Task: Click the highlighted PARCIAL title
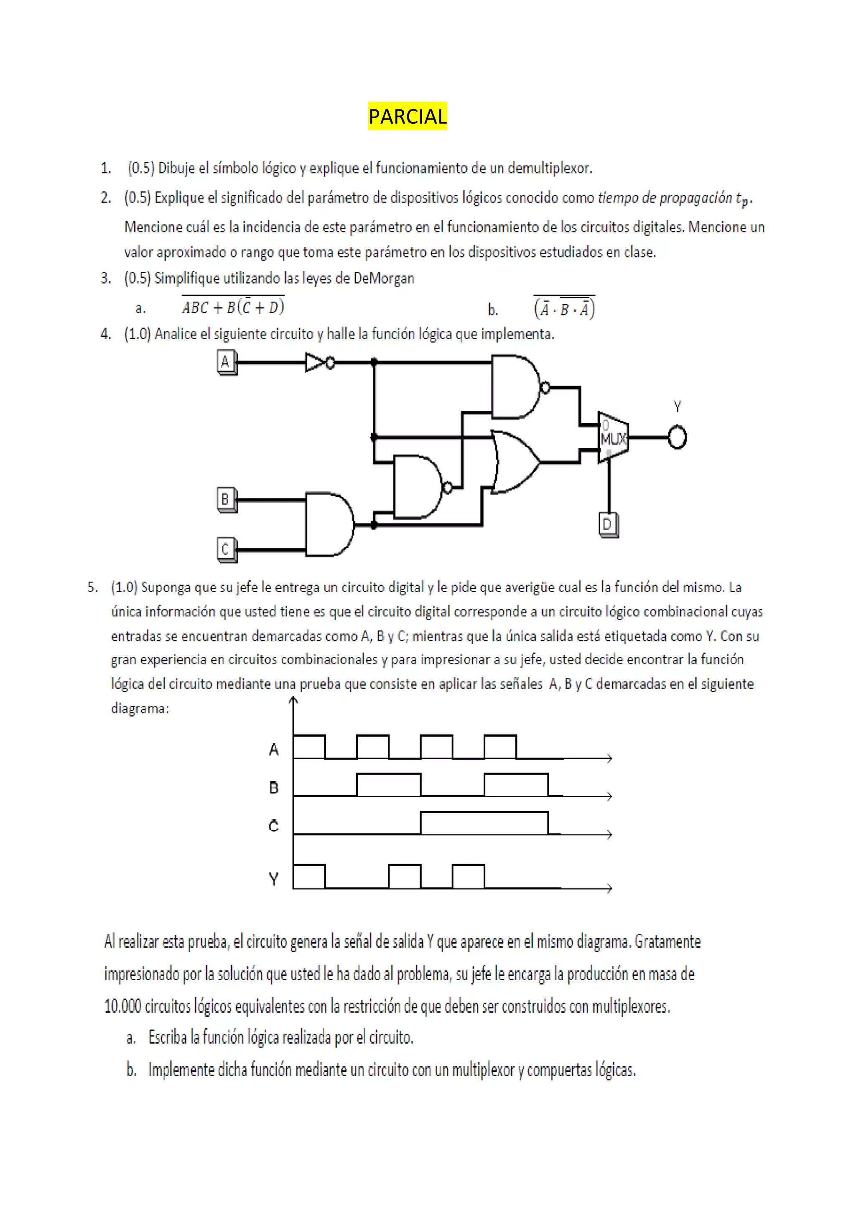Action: coord(407,116)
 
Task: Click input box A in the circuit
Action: coord(226,362)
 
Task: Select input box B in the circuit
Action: coord(226,498)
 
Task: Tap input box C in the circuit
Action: coord(226,549)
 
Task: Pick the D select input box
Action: coord(608,524)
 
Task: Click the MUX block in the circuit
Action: coord(612,438)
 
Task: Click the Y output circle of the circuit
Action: coord(677,437)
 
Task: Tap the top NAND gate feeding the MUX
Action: coord(515,387)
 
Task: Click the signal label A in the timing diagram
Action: coord(274,749)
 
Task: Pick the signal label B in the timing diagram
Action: coord(274,787)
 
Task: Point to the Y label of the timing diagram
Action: coord(274,879)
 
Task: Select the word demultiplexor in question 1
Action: coord(550,169)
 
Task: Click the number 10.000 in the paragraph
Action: coord(123,1006)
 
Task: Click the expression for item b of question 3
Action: coord(564,308)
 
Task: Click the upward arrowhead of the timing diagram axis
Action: coord(293,700)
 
